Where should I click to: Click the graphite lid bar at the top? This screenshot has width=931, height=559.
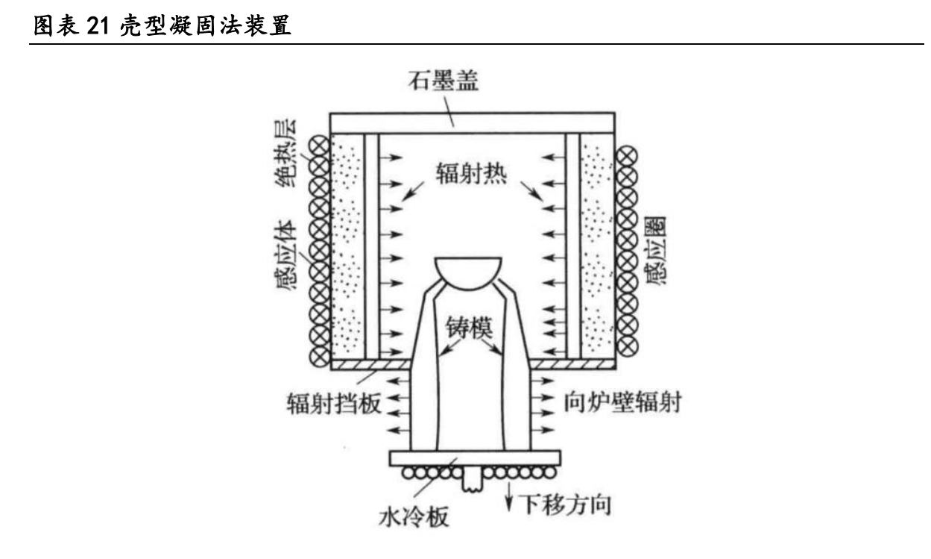click(x=473, y=122)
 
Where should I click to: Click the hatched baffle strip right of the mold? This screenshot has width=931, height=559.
click(x=574, y=364)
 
